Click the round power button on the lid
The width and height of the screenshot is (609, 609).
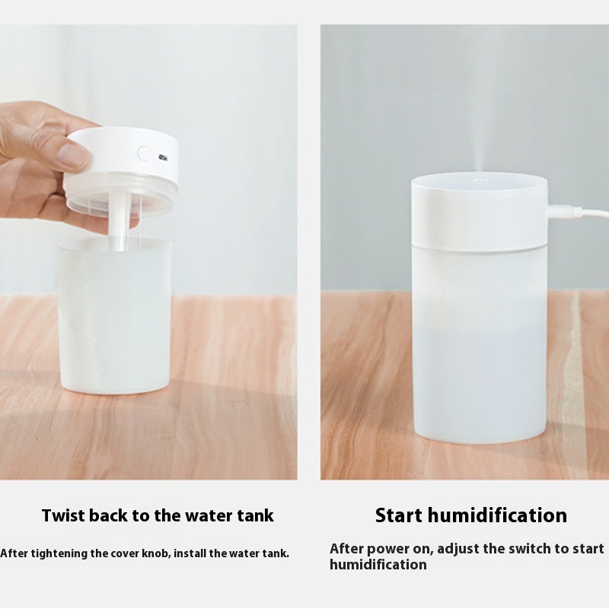145,154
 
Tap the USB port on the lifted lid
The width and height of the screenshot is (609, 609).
163,158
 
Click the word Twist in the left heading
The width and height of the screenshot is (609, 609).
63,516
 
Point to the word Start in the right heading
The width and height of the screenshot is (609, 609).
398,516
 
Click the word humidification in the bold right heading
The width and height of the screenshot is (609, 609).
498,516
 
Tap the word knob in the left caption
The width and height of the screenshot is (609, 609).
158,553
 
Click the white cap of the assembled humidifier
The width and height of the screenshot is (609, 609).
480,212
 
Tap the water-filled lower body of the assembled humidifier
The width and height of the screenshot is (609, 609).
480,346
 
